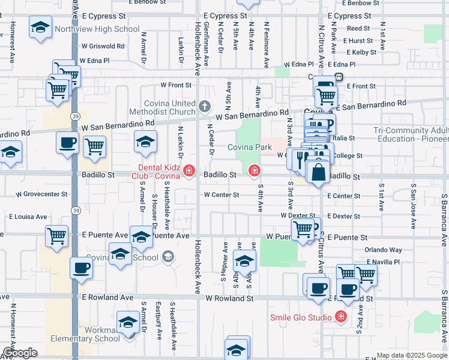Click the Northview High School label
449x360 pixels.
[97, 29]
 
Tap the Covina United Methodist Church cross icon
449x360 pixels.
[205, 107]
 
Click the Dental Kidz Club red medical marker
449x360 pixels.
[189, 172]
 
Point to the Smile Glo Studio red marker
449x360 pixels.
[341, 316]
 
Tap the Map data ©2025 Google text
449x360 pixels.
[412, 355]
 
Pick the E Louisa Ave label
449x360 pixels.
[28, 217]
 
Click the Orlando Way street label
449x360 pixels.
[383, 250]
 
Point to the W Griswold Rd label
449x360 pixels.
[103, 46]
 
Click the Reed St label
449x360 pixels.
[358, 28]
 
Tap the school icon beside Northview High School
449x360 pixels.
[41, 29]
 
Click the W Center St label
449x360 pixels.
[221, 194]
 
